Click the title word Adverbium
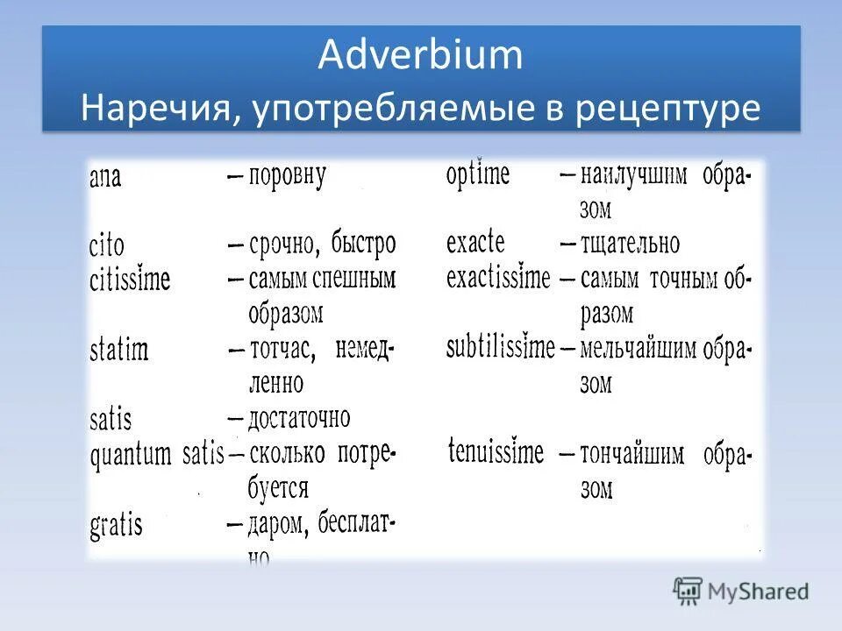[x=420, y=55]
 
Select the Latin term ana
[x=105, y=177]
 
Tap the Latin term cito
[x=107, y=245]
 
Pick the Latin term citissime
[x=130, y=281]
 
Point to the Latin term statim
[x=118, y=351]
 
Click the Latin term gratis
[x=116, y=526]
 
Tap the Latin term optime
[x=477, y=174]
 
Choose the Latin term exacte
[x=475, y=243]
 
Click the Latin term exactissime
[x=498, y=279]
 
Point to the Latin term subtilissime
[x=500, y=348]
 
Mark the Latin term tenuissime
[x=496, y=452]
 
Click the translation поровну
[x=287, y=176]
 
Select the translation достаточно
[x=299, y=417]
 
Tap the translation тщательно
[x=629, y=244]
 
